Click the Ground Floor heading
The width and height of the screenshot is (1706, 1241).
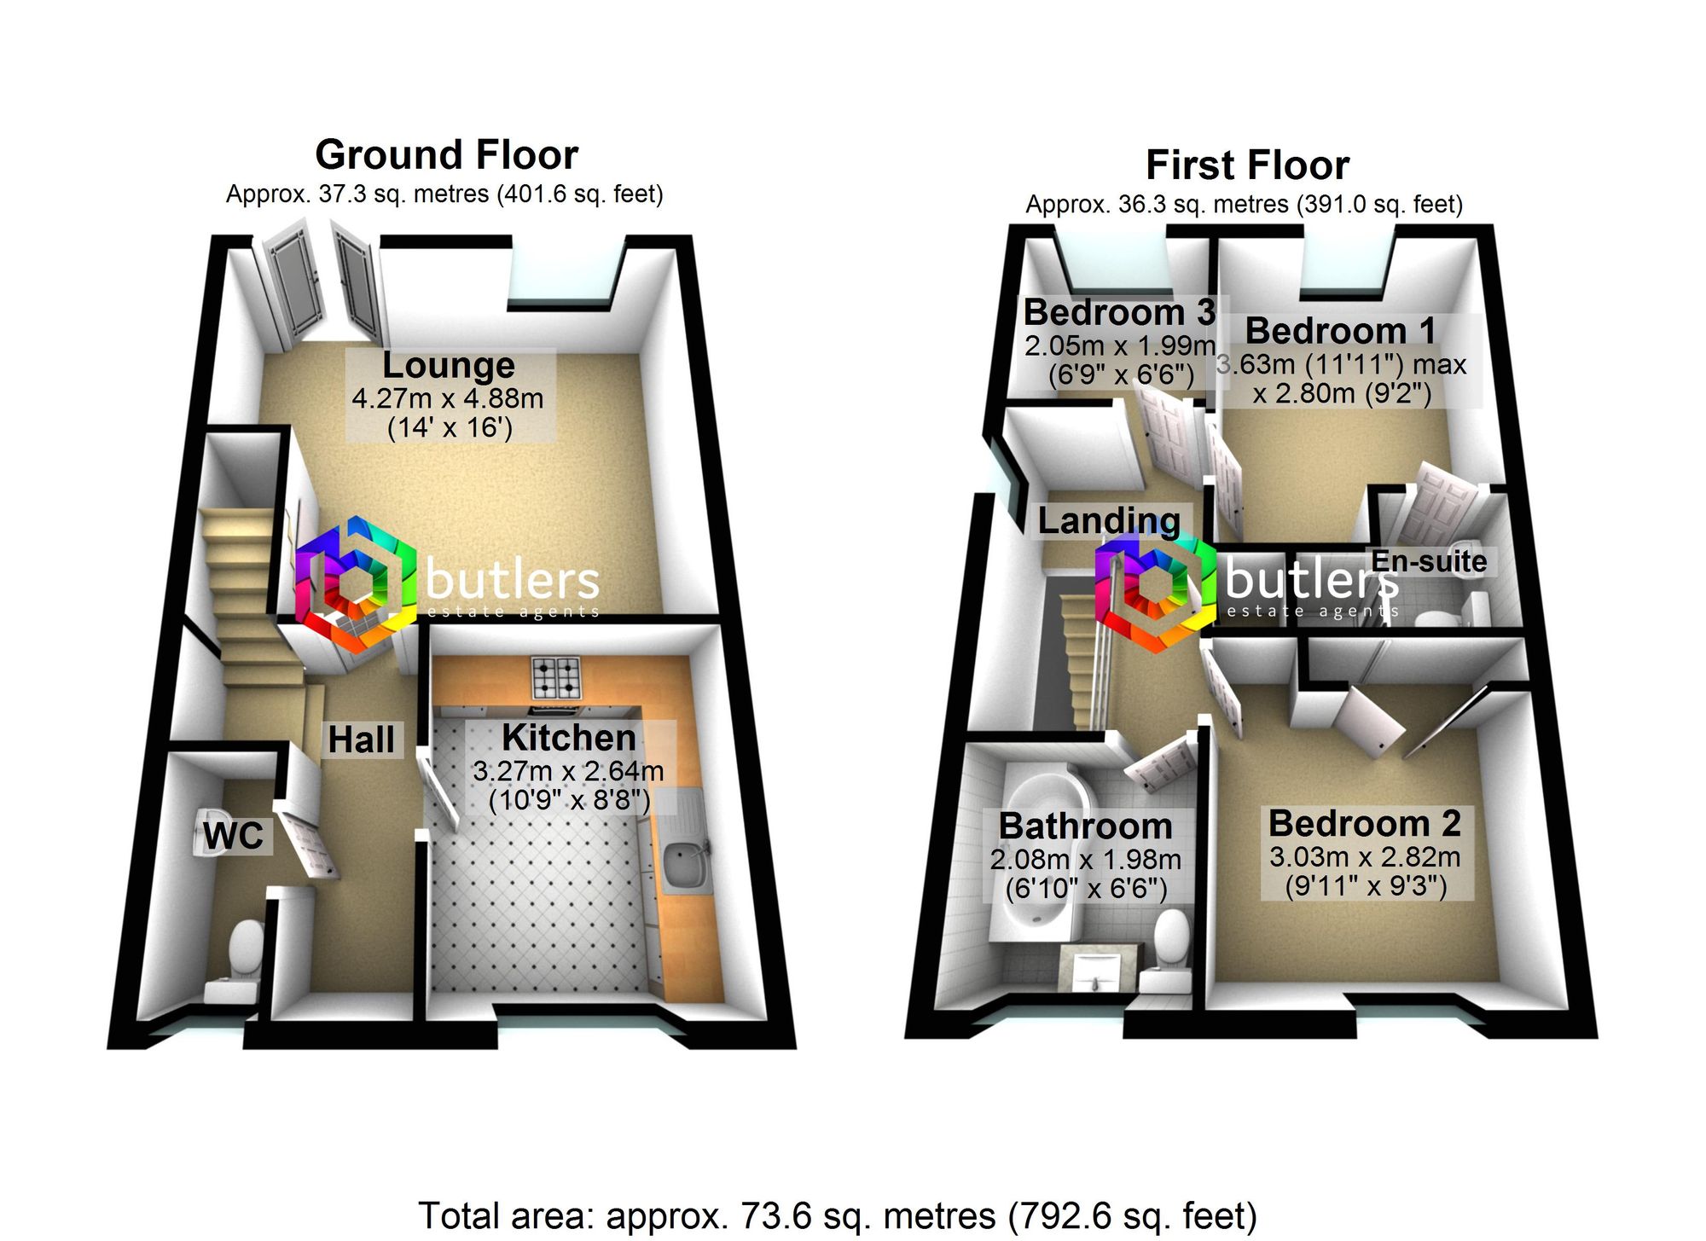click(x=447, y=155)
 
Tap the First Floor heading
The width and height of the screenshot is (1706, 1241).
click(x=1247, y=165)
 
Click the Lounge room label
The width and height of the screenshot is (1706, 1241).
click(x=449, y=365)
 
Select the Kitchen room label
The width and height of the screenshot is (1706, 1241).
click(x=569, y=737)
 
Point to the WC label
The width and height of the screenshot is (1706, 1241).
click(x=233, y=836)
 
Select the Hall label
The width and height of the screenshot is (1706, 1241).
click(x=362, y=740)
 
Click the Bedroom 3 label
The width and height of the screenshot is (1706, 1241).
click(x=1119, y=312)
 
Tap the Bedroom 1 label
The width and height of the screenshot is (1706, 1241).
click(x=1340, y=331)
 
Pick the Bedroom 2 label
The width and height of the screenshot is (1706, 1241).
click(x=1365, y=823)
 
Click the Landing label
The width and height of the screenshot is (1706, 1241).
click(x=1109, y=520)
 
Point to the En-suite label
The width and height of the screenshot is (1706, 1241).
click(x=1429, y=561)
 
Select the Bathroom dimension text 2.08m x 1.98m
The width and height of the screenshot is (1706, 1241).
click(x=1086, y=860)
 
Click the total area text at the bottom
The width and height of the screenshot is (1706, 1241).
click(x=837, y=1215)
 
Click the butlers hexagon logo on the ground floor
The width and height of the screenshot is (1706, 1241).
click(x=355, y=585)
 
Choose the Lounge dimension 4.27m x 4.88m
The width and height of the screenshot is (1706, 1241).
click(x=448, y=398)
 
